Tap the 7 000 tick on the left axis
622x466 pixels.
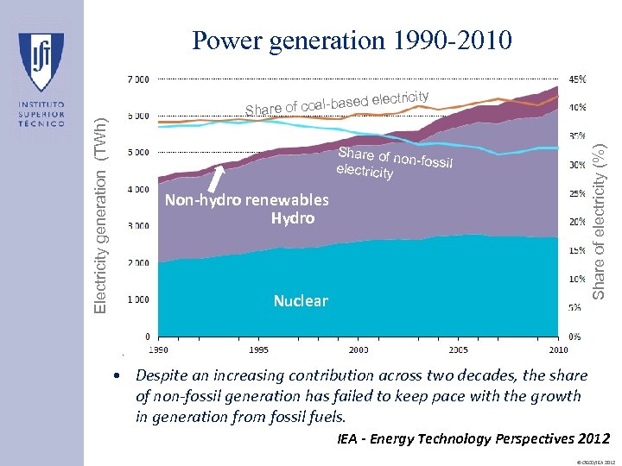coord(138,79)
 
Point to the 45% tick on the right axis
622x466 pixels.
coord(575,79)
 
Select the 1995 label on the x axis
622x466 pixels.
coord(258,349)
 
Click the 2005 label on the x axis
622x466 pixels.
coord(458,349)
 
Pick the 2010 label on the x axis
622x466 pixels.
coord(558,349)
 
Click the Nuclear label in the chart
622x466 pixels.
coord(301,301)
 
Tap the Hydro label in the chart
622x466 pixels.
coord(292,218)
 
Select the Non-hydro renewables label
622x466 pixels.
coord(246,200)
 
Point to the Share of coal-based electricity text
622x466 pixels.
coord(337,102)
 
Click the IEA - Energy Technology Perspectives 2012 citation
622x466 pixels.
coord(473,439)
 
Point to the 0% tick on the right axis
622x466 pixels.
coord(574,336)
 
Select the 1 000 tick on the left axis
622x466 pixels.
coord(138,299)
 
